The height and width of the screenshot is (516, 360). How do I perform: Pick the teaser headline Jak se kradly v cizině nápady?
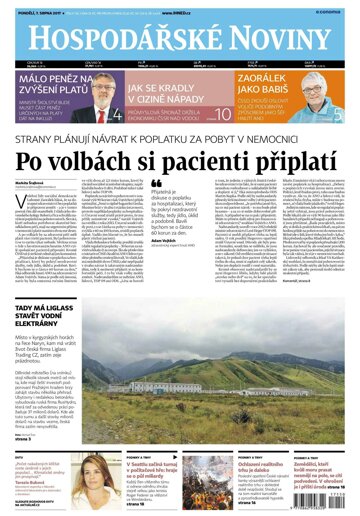pos(160,95)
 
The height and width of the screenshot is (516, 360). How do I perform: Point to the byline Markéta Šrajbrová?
pos(34,183)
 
